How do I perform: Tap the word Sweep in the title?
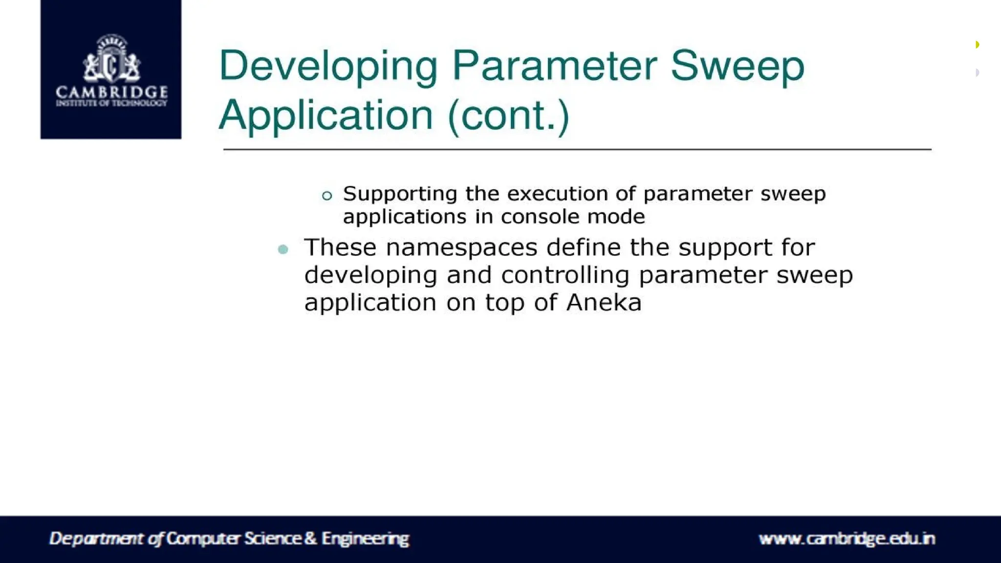point(737,67)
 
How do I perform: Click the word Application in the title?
point(326,116)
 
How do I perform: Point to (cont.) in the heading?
point(509,116)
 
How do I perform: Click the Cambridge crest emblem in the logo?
point(111,59)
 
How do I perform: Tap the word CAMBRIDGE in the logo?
point(111,92)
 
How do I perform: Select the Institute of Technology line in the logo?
point(111,103)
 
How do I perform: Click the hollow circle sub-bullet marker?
point(327,196)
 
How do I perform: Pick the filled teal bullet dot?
point(283,249)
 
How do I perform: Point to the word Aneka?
point(604,303)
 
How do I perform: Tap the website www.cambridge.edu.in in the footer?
point(847,539)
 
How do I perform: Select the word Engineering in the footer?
point(365,539)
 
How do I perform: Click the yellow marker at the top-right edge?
point(977,45)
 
